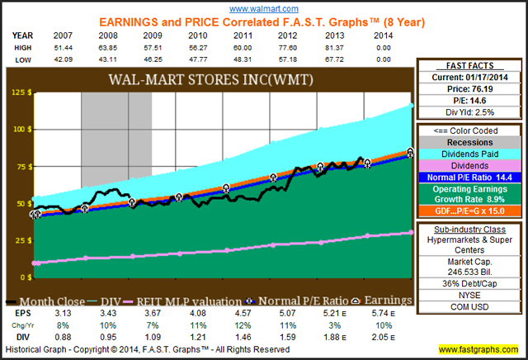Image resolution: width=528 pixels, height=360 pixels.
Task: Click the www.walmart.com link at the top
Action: point(264,6)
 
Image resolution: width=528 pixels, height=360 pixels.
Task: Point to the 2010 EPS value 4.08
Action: point(196,315)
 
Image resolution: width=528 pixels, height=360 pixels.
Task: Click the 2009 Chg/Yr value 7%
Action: point(153,326)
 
